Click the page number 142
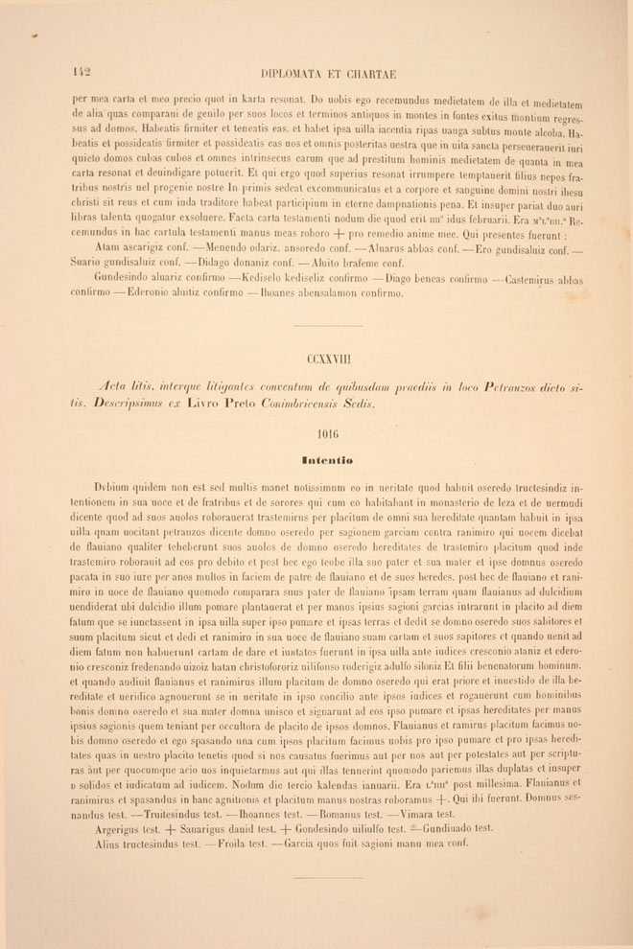pos(81,72)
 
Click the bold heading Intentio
pos(327,459)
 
